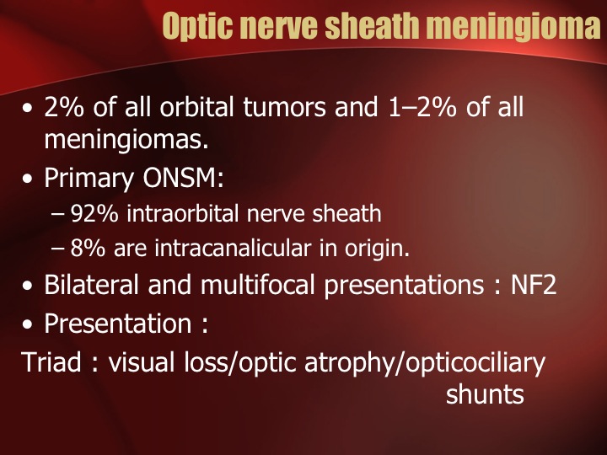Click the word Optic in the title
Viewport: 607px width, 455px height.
[x=198, y=26]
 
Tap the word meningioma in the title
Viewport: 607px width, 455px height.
[x=516, y=25]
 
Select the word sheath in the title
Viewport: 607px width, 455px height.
[x=373, y=25]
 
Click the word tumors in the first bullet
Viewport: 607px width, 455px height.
[x=285, y=107]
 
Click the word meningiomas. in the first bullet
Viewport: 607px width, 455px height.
[x=126, y=139]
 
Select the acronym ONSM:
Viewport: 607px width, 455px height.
[x=183, y=178]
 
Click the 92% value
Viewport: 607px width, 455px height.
[x=94, y=213]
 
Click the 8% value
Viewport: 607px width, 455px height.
[x=88, y=248]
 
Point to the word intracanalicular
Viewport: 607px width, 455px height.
[x=233, y=248]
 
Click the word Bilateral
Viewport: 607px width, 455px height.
[x=91, y=285]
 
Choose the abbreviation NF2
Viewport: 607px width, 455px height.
[x=534, y=285]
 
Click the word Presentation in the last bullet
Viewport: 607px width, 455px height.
[x=118, y=324]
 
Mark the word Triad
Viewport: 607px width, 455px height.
[x=51, y=362]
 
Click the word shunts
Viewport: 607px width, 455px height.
[x=485, y=394]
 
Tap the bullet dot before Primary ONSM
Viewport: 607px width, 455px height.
[x=27, y=179]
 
